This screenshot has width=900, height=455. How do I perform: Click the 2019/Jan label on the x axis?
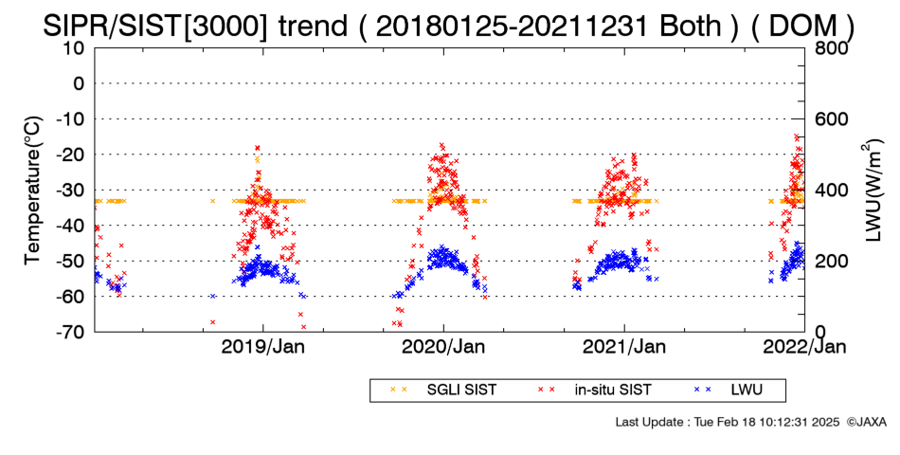tap(262, 347)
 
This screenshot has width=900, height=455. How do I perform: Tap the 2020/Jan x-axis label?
tap(443, 347)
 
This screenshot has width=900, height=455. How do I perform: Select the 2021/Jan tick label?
tap(624, 347)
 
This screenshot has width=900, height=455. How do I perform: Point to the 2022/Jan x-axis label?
tap(804, 347)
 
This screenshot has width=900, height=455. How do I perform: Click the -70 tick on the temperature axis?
tap(70, 332)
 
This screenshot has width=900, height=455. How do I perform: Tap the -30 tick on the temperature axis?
tap(70, 191)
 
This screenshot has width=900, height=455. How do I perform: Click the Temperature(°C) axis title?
tap(33, 191)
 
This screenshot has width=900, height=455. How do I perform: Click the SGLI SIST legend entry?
tap(443, 391)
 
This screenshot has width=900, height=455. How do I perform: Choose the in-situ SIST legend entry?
tap(594, 391)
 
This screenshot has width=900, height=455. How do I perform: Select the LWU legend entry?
tap(729, 391)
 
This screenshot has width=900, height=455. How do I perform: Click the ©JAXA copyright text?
tap(867, 422)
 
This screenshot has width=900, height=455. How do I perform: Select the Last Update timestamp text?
tap(728, 422)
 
